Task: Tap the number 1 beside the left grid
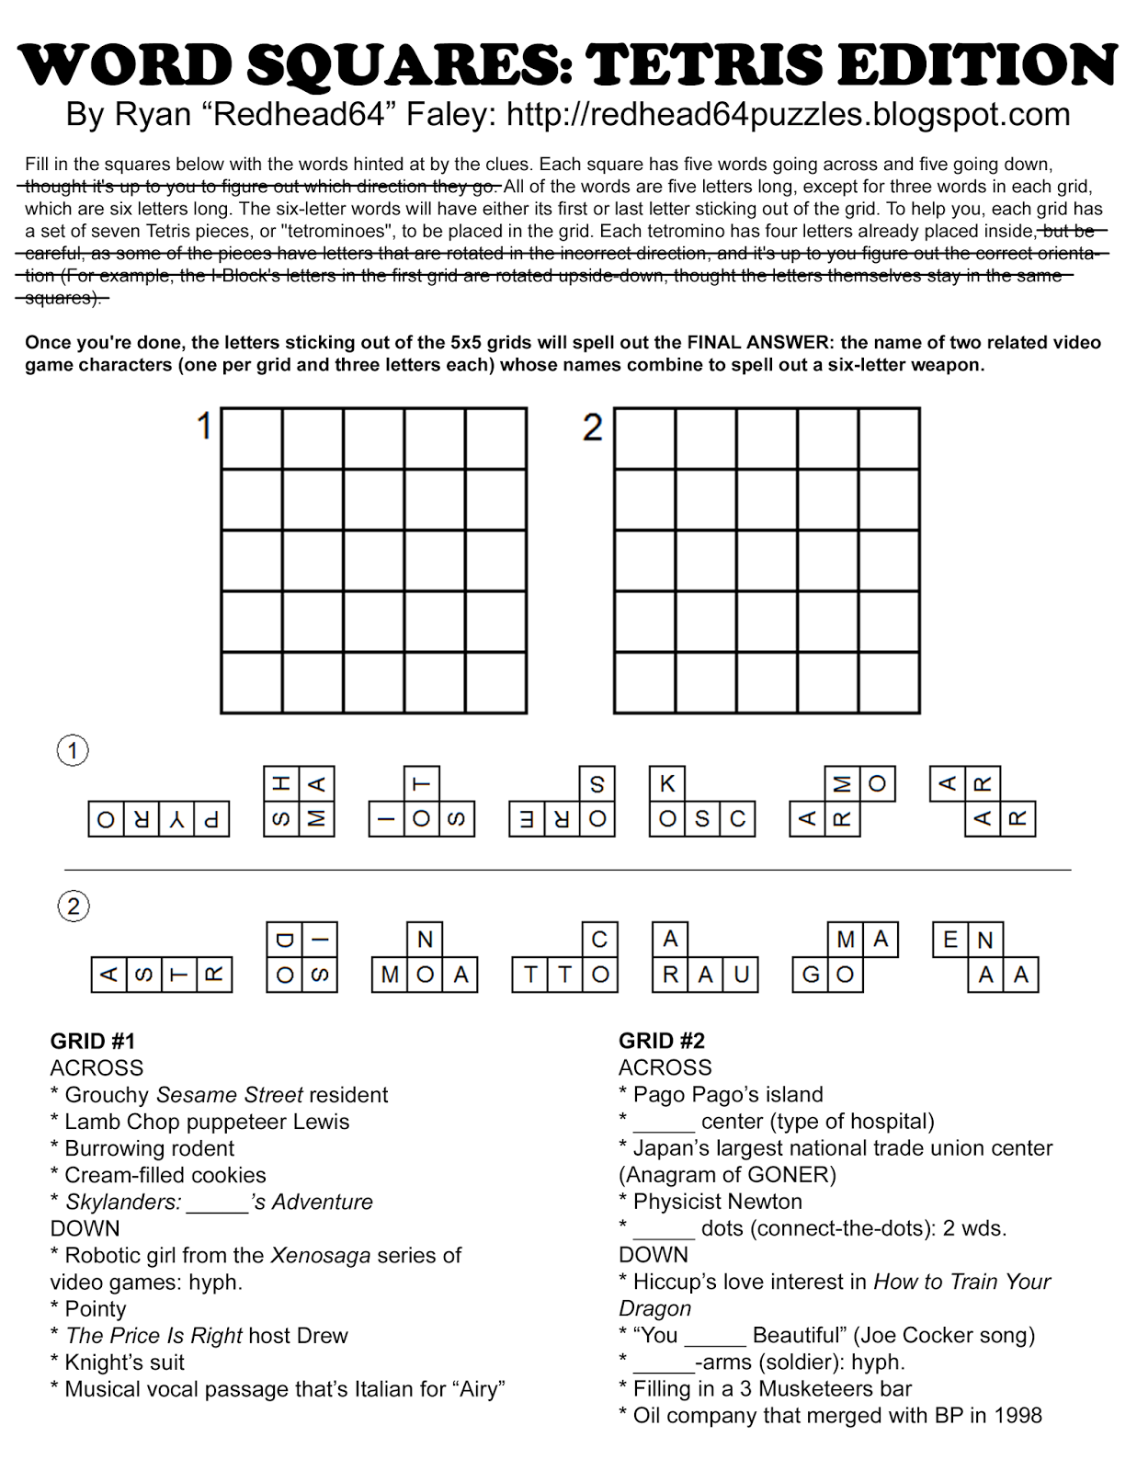coord(204,427)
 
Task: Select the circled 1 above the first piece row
coord(74,751)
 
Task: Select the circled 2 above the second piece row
coord(74,907)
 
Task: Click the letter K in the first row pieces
coord(667,783)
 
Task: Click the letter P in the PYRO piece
coord(211,819)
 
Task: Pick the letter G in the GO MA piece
coord(811,975)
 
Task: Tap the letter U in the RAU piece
coord(741,975)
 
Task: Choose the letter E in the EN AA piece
coord(950,940)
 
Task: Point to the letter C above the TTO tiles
coord(599,940)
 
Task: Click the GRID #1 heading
coord(93,1041)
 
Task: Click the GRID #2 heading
coord(662,1041)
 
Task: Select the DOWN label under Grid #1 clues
coord(85,1228)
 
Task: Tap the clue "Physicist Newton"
coord(717,1202)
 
